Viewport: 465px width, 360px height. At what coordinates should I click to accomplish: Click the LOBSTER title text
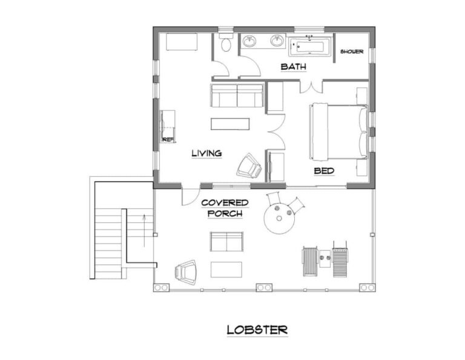257,330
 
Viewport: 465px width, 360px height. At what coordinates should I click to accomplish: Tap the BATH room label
293,67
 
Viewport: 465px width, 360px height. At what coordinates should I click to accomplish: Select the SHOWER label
352,52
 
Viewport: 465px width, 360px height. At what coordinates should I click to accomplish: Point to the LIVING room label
206,153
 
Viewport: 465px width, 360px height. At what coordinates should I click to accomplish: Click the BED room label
324,171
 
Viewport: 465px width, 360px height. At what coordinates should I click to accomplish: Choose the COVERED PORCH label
225,208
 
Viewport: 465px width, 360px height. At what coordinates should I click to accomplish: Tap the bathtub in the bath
310,47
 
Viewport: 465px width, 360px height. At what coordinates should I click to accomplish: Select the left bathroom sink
249,41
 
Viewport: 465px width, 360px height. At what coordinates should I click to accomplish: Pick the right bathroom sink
277,41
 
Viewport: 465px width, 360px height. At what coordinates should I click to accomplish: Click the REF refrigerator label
168,139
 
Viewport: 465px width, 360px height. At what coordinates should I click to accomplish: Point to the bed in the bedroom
338,131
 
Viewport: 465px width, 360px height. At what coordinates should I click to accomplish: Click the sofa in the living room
237,96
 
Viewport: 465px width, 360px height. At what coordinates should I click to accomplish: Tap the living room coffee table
230,124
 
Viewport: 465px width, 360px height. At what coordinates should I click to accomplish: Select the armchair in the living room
249,165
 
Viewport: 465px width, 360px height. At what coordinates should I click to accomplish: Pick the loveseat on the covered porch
226,242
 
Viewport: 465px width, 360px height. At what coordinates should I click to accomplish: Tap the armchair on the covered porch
186,272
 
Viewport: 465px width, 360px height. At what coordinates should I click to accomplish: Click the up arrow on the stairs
145,230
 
